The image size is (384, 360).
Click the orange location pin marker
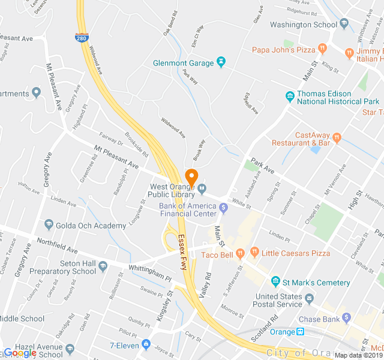192,178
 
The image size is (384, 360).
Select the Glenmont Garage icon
221,62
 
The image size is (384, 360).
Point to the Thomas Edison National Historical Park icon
290,95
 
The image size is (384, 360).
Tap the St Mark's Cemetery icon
275,282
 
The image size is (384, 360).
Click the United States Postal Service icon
309,298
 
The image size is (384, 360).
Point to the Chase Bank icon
346,317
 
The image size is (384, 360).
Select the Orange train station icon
301,331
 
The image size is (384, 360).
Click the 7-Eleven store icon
146,344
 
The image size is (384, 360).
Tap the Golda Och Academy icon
49,225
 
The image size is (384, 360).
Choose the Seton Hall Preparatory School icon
103,266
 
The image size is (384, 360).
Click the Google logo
20,353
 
